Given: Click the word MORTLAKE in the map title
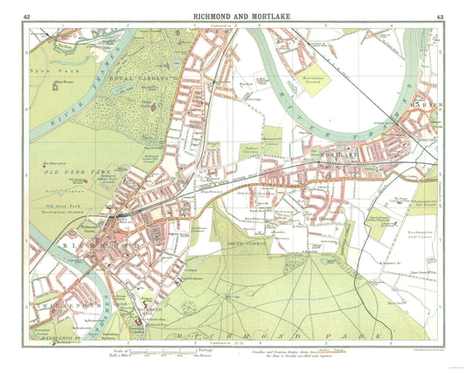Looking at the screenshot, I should pyautogui.click(x=261, y=15).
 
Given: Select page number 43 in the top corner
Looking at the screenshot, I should pyautogui.click(x=437, y=16).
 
